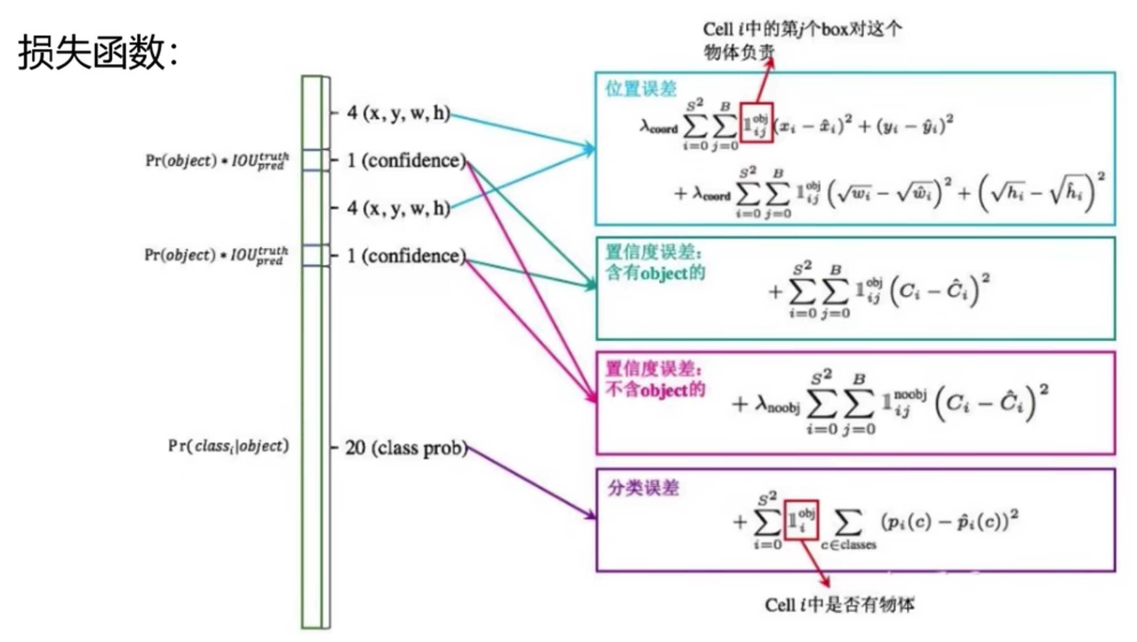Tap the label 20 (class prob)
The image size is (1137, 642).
[406, 448]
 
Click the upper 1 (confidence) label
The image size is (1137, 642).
[406, 161]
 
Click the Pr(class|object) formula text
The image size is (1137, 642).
[228, 446]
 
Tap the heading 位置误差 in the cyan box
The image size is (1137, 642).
[640, 89]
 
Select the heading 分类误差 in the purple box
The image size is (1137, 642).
[643, 488]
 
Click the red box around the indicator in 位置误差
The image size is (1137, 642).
[756, 123]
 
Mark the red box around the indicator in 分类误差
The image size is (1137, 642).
[801, 520]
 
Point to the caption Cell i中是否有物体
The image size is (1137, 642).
[839, 605]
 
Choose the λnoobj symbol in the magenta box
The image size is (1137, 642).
[777, 404]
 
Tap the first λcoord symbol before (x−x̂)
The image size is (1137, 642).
[659, 127]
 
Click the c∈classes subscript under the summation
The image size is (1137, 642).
[848, 545]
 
